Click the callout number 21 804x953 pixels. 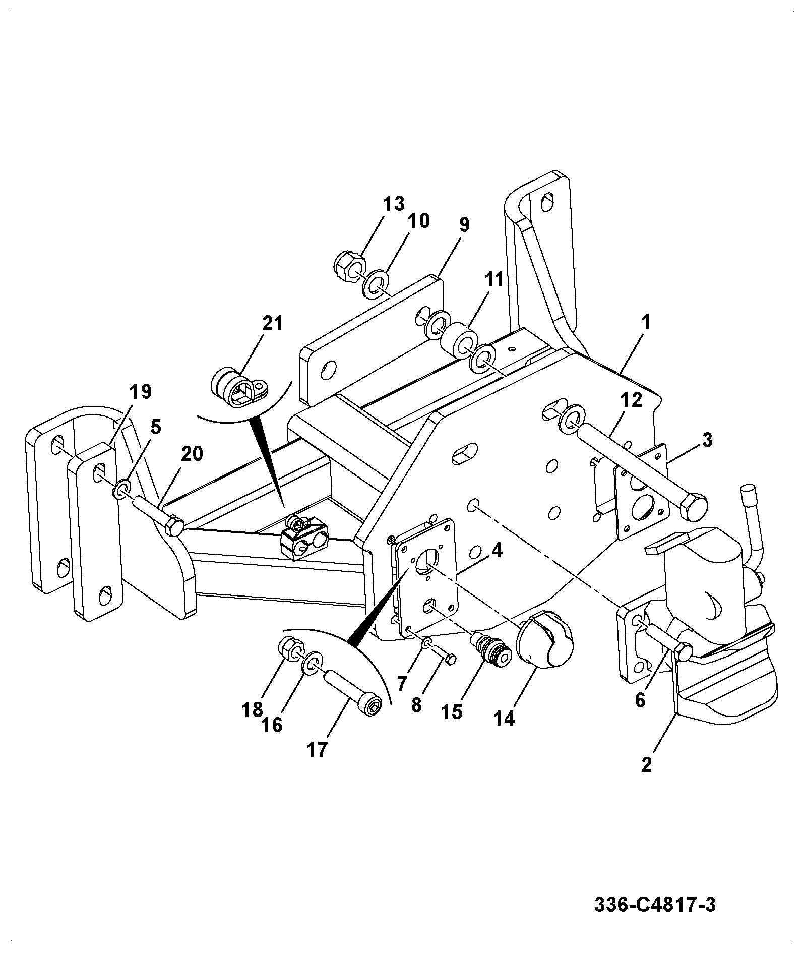(x=273, y=323)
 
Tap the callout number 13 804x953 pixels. (x=393, y=204)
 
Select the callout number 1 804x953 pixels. (x=646, y=322)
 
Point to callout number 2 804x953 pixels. (x=646, y=765)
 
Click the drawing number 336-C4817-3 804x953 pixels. (x=655, y=905)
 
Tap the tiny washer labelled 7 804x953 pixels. (x=427, y=643)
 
